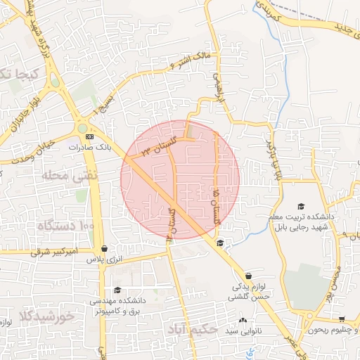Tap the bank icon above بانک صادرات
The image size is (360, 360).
[x=90, y=136]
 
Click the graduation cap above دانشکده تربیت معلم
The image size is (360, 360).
[x=301, y=207]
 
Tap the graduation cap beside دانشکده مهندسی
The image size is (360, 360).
[x=117, y=290]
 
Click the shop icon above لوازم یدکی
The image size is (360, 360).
[x=248, y=276]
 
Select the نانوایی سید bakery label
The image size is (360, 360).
[x=242, y=330]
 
